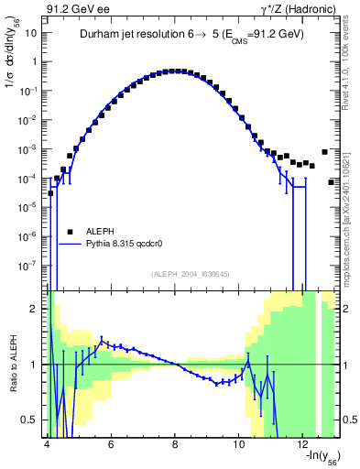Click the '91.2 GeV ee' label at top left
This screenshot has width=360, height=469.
72,8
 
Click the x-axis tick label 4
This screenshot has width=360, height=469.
46,444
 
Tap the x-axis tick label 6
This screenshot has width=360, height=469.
110,444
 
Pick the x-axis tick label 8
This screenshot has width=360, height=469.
175,444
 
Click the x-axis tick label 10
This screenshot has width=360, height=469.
240,444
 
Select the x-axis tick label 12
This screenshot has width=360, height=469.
304,444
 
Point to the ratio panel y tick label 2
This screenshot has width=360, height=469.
34,309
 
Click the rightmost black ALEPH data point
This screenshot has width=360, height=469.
332,182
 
